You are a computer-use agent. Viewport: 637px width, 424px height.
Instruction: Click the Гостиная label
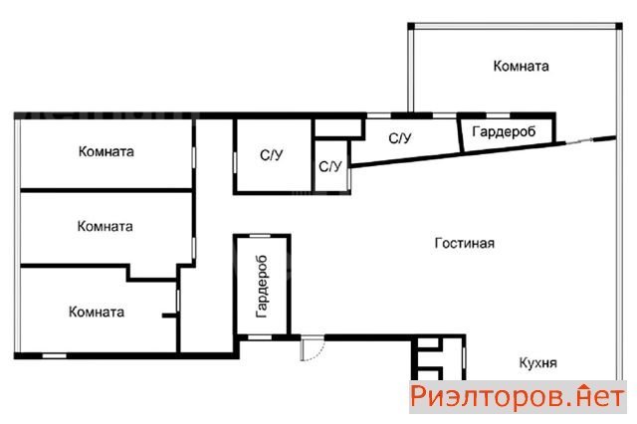pyautogui.click(x=465, y=243)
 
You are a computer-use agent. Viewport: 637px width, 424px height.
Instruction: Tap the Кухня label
pyautogui.click(x=537, y=362)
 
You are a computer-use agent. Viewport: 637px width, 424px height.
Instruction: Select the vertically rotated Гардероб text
pyautogui.click(x=262, y=286)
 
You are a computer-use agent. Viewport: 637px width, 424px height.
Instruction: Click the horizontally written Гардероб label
pyautogui.click(x=504, y=131)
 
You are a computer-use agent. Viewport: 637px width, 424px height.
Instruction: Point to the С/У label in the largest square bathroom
pyautogui.click(x=272, y=154)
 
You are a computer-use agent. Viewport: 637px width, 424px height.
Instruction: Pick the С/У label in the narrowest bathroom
pyautogui.click(x=330, y=166)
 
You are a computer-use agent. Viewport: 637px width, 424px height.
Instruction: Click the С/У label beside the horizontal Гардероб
pyautogui.click(x=400, y=138)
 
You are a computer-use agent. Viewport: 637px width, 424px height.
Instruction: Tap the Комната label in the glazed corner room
pyautogui.click(x=521, y=66)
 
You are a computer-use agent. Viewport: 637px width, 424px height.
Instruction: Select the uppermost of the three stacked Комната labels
pyautogui.click(x=106, y=151)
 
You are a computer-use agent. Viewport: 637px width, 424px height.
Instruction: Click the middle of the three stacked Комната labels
pyautogui.click(x=105, y=226)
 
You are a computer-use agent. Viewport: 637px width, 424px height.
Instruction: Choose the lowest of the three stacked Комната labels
pyautogui.click(x=97, y=312)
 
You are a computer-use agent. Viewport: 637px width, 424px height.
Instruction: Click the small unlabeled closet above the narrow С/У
pyautogui.click(x=338, y=128)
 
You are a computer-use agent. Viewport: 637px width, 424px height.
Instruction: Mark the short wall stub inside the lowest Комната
pyautogui.click(x=169, y=316)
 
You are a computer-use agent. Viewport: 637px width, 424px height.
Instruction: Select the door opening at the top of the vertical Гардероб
pyautogui.click(x=260, y=236)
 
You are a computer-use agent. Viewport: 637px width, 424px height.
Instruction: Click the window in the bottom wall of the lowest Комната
pyautogui.click(x=55, y=356)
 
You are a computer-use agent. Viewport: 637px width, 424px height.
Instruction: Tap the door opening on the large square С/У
pyautogui.click(x=235, y=163)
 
